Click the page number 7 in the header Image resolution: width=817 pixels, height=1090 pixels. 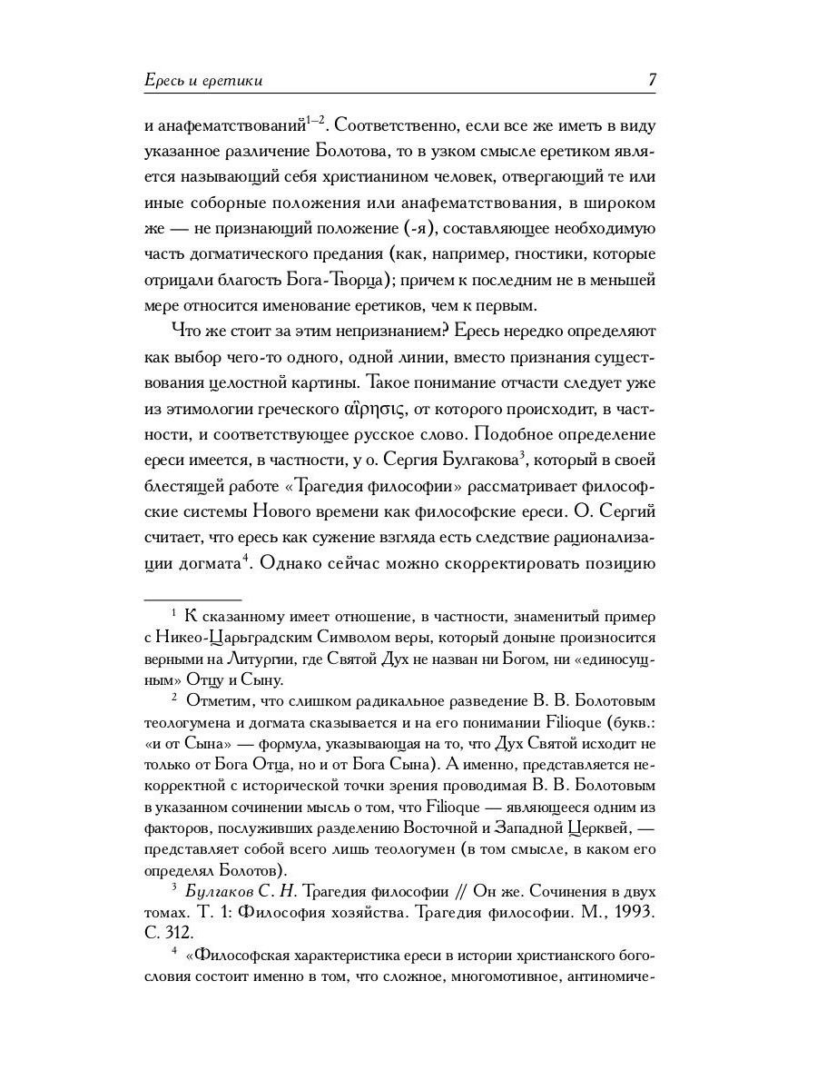[x=652, y=80]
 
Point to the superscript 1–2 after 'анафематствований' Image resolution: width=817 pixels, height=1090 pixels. [x=315, y=118]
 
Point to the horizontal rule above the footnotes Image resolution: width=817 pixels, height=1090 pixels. [x=192, y=599]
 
